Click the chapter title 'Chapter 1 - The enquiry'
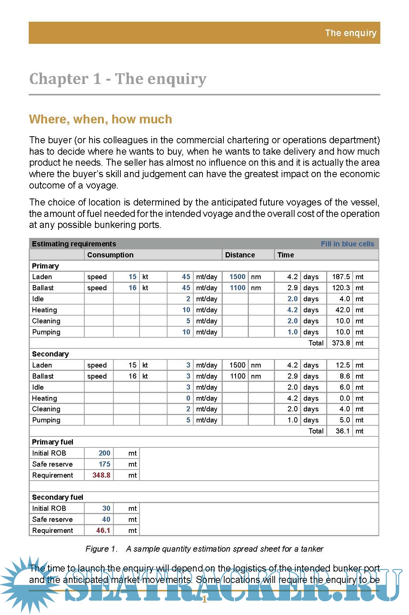117,79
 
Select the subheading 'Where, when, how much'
101,119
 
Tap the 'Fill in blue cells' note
347,244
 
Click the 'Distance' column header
240,255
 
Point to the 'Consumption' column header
110,255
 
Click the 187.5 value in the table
341,277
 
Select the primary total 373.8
341,343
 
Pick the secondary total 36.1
342,431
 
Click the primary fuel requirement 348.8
101,475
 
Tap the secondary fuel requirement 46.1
103,530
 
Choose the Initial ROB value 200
104,453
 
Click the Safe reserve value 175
104,464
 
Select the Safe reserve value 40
106,519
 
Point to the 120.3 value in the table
341,288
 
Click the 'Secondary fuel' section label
57,497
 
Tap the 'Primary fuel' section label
52,442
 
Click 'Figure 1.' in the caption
101,549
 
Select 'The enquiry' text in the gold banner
350,33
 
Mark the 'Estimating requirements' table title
74,244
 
